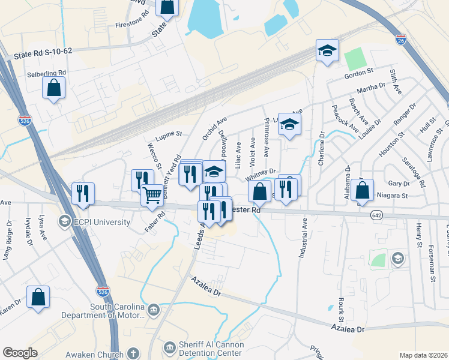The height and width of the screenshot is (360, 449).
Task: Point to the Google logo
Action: point(20,353)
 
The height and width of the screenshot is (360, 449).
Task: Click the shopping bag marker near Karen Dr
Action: point(38,297)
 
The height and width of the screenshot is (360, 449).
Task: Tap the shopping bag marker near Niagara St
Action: point(363,190)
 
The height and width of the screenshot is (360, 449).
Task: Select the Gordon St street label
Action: point(359,76)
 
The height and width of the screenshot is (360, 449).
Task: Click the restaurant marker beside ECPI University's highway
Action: point(82,193)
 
